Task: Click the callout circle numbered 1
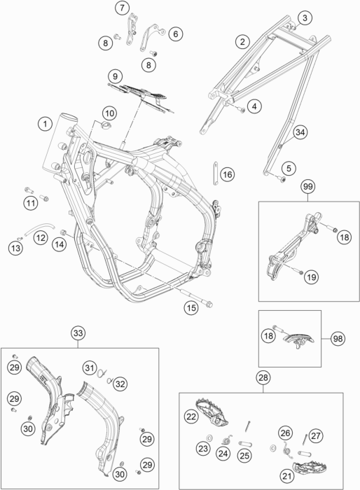click(45, 124)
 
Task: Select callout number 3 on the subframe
click(304, 18)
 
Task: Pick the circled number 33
click(78, 332)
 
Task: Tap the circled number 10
click(109, 113)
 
